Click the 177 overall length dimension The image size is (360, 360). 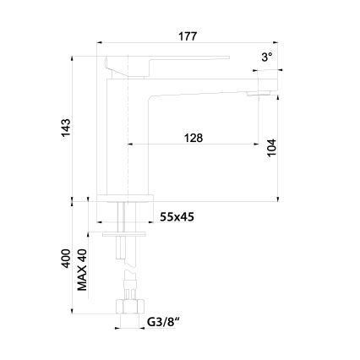[x=187, y=35]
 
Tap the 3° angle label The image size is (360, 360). [x=267, y=57]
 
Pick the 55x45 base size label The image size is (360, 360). [x=179, y=217]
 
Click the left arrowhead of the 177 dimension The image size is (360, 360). [x=100, y=42]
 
